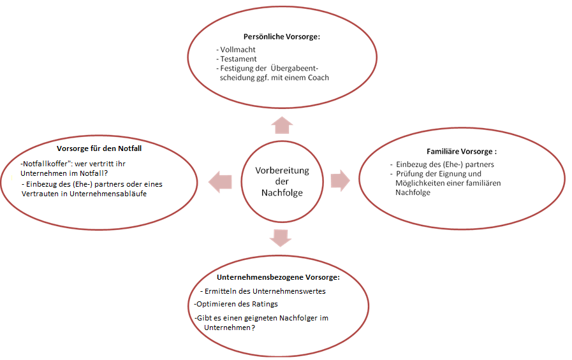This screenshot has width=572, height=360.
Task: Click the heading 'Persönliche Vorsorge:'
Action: pyautogui.click(x=281, y=37)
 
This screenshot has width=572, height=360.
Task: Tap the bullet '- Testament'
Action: pyautogui.click(x=237, y=59)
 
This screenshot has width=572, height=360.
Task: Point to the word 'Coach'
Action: pyautogui.click(x=318, y=78)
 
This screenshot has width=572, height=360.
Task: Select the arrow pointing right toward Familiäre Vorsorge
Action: pyautogui.click(x=339, y=180)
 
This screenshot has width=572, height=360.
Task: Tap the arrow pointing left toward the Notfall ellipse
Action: pyautogui.click(x=221, y=181)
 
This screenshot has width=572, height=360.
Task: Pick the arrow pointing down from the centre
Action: pyautogui.click(x=281, y=237)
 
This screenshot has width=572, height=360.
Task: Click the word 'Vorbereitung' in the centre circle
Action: pyautogui.click(x=282, y=171)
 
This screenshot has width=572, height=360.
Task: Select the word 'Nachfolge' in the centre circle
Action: pyautogui.click(x=282, y=193)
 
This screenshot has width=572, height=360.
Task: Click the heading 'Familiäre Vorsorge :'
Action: pyautogui.click(x=461, y=152)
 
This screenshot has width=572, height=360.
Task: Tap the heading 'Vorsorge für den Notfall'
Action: pyautogui.click(x=103, y=148)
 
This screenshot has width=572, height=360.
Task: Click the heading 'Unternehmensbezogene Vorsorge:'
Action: pyautogui.click(x=278, y=278)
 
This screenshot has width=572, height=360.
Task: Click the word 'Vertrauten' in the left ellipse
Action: pyautogui.click(x=40, y=194)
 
